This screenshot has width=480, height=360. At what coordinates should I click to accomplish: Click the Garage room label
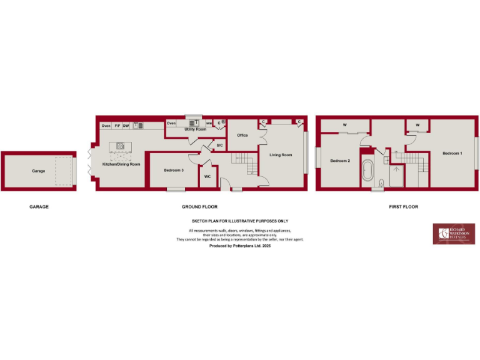39,171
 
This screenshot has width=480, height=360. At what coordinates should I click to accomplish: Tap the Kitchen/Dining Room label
121,164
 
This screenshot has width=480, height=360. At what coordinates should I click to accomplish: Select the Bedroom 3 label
174,170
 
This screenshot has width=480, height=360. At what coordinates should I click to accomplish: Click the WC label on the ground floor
207,176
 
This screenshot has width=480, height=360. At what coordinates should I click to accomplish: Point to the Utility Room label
195,129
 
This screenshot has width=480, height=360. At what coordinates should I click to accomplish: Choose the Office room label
242,135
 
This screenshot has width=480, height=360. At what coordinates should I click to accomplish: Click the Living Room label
281,154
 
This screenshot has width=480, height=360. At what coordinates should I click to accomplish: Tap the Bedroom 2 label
340,161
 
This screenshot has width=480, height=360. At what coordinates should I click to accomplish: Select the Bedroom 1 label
452,153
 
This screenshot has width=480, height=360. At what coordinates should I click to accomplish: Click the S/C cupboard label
219,146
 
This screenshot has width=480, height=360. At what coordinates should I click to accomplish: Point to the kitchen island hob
119,147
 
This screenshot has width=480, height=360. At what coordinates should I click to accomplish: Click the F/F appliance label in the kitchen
117,126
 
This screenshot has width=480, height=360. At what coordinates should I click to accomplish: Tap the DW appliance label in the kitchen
126,126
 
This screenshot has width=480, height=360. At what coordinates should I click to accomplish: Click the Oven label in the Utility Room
171,123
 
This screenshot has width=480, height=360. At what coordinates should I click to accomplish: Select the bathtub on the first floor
367,171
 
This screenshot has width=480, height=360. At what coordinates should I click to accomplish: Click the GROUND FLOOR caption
195,206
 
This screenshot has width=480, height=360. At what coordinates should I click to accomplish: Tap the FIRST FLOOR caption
403,206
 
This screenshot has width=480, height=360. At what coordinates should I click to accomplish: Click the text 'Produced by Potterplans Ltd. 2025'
239,247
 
